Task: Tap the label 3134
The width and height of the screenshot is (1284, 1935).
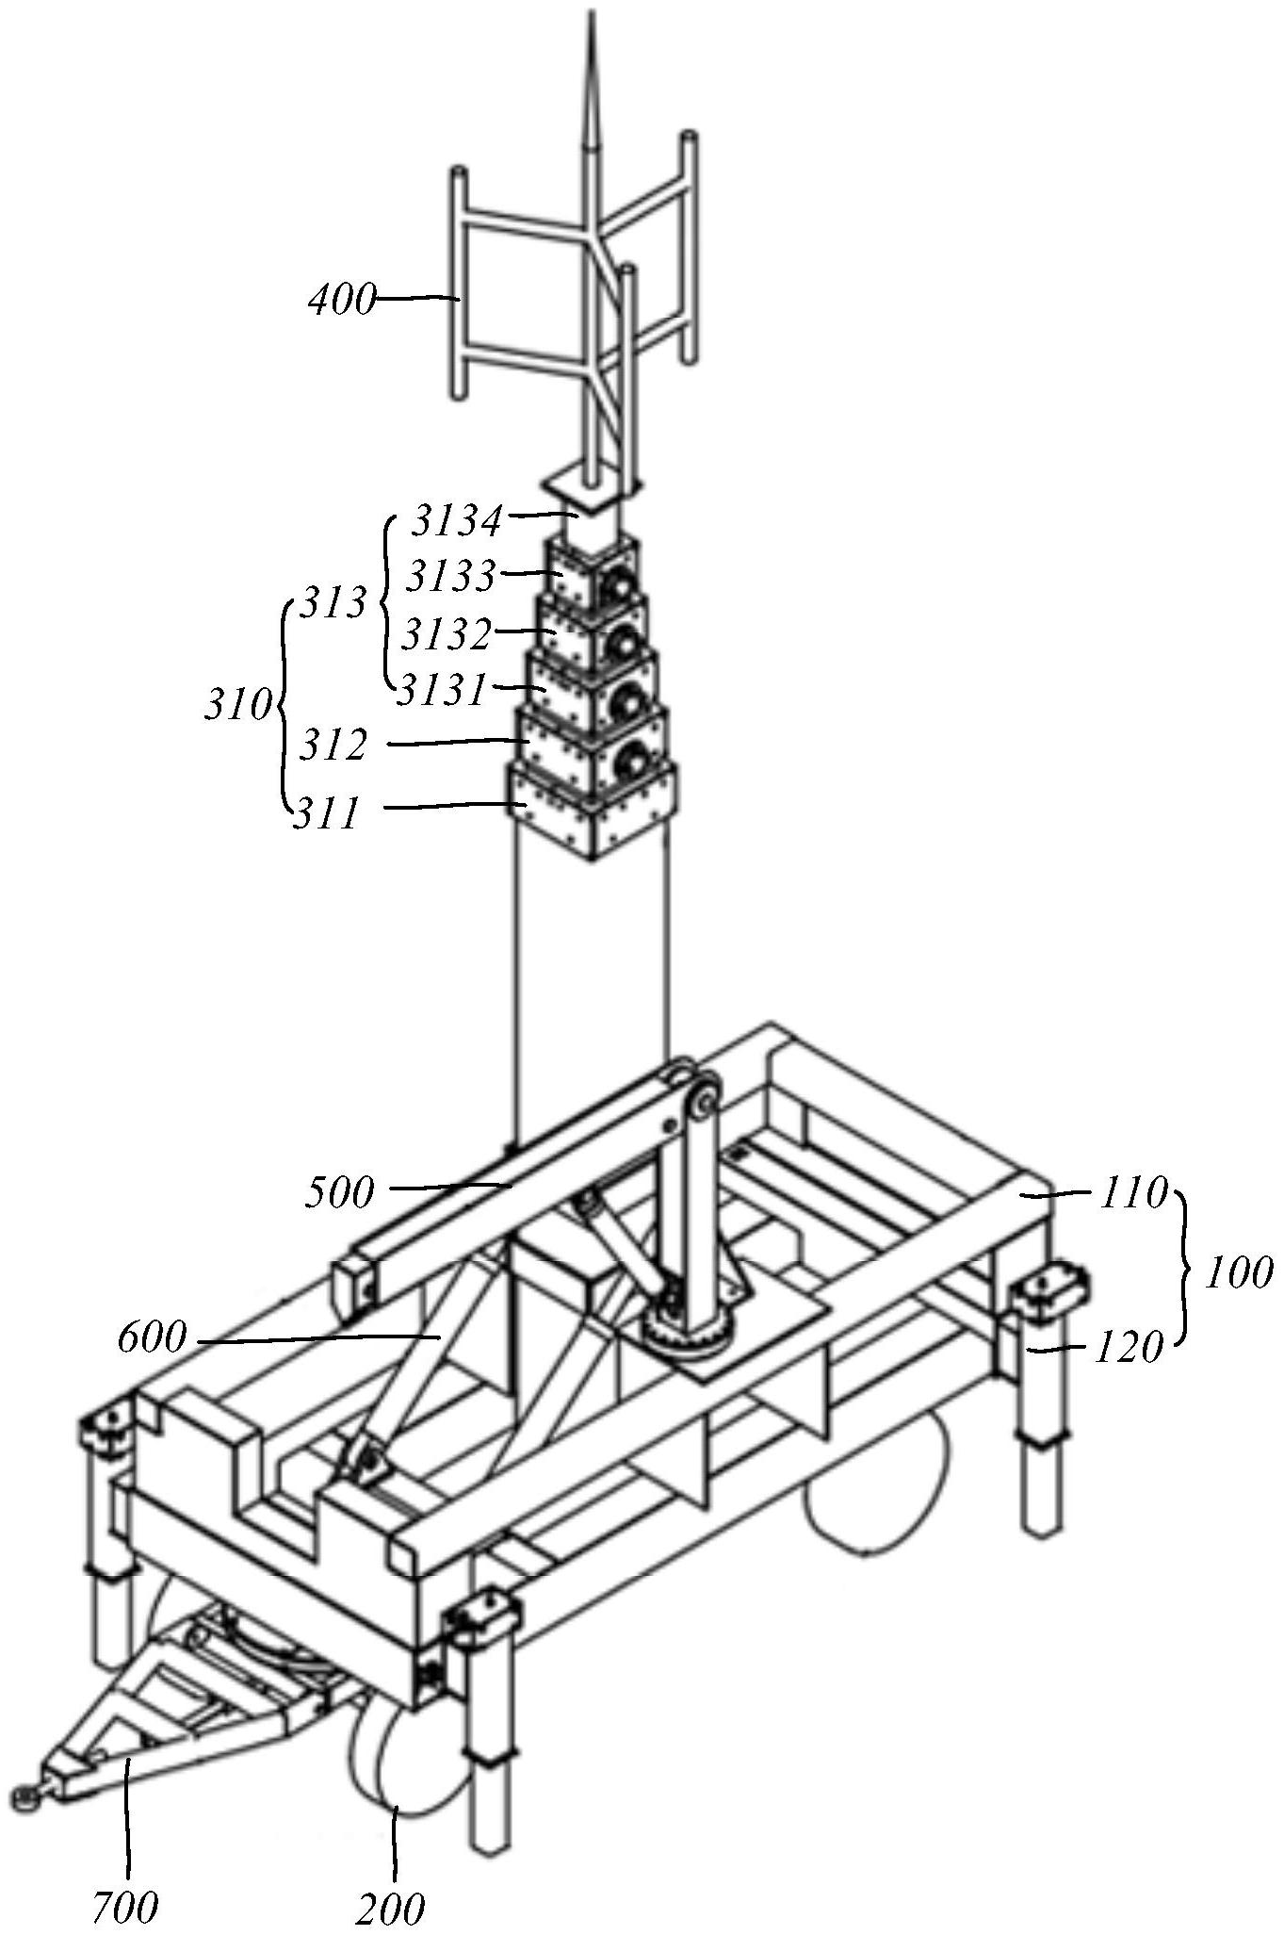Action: [457, 521]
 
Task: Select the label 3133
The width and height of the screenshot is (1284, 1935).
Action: [451, 576]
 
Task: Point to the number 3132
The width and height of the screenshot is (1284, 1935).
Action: [447, 634]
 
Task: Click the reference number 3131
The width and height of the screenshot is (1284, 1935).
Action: [440, 691]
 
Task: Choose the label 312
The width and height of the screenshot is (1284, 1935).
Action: [333, 746]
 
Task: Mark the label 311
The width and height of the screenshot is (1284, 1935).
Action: [326, 812]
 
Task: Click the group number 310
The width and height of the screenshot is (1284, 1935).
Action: [238, 704]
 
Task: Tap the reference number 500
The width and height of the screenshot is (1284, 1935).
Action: [340, 1192]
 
